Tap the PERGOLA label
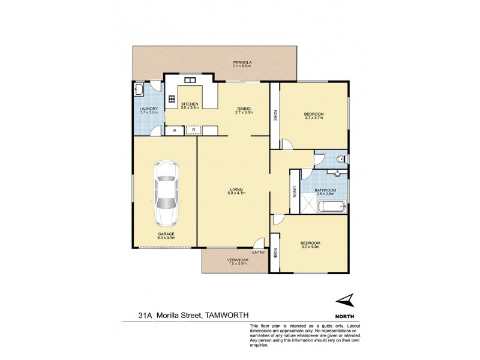[242, 62]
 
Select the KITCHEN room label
[191, 103]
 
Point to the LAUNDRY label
[148, 108]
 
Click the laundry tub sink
[139, 90]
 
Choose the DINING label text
[244, 108]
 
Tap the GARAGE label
[166, 233]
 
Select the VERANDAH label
[237, 260]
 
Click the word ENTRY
[259, 252]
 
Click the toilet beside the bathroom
[340, 159]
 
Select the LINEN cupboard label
[295, 192]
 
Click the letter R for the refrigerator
[194, 130]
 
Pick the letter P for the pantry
[175, 130]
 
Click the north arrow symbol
[346, 301]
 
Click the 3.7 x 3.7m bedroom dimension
[314, 118]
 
